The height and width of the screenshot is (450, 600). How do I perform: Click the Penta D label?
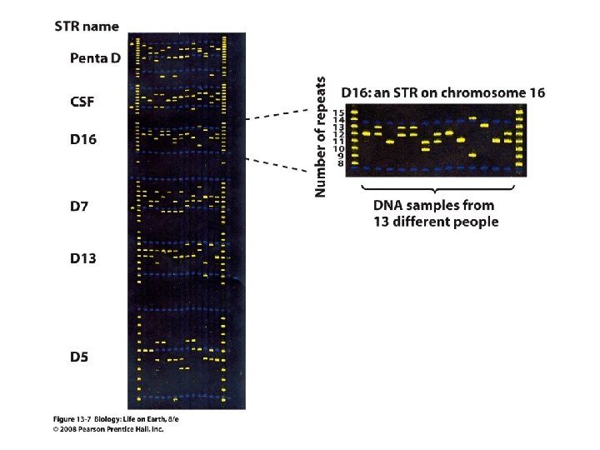95,58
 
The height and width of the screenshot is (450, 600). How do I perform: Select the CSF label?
82,102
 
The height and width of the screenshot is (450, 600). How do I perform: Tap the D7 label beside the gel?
79,207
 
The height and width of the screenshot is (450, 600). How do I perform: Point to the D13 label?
83,258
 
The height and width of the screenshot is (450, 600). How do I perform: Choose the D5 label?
79,357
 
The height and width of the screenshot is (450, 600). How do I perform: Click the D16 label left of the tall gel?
83,139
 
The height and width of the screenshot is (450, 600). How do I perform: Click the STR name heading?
87,27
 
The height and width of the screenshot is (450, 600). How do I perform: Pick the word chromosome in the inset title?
482,93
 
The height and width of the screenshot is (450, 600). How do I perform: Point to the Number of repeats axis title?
320,137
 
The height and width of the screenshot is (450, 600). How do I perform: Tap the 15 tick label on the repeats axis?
339,112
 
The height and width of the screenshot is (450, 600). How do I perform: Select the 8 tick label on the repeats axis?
341,164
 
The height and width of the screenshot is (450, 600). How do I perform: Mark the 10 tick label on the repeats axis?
339,149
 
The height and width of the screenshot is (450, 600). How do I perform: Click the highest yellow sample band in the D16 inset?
473,118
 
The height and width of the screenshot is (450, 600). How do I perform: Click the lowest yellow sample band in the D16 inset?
473,155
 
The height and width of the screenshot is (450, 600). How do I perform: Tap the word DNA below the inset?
387,206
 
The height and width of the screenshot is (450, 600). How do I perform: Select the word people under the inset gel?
478,222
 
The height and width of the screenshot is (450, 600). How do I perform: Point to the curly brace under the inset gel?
437,189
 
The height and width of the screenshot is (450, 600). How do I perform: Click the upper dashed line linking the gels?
277,114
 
